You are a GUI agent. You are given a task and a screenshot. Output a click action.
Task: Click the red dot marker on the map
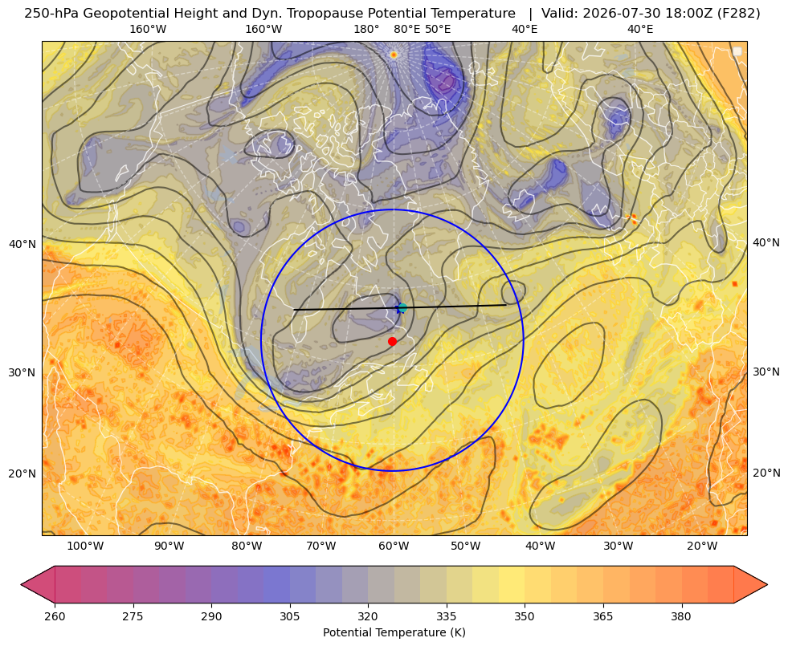click(x=393, y=341)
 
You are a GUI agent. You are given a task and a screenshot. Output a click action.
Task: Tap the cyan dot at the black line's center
click(x=402, y=307)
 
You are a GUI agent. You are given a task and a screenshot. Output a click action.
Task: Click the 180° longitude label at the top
click(x=366, y=30)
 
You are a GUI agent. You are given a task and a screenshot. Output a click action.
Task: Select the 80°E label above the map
click(x=406, y=30)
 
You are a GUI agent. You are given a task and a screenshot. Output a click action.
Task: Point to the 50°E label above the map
click(x=438, y=30)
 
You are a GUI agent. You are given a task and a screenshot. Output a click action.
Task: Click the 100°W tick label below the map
click(x=85, y=546)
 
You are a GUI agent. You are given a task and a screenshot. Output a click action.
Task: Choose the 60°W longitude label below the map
click(x=393, y=546)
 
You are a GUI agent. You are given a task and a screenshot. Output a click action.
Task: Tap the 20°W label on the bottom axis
click(x=702, y=546)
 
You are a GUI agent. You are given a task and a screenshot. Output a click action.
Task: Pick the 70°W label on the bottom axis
click(x=321, y=546)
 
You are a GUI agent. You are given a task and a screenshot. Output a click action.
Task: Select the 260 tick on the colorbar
click(x=55, y=616)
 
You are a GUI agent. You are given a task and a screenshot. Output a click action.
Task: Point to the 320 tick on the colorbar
click(x=368, y=616)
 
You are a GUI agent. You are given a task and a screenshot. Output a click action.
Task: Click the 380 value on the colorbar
click(x=681, y=616)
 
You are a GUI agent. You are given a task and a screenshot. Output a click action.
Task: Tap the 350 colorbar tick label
click(x=525, y=616)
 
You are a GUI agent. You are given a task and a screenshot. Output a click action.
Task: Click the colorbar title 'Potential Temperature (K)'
click(x=394, y=632)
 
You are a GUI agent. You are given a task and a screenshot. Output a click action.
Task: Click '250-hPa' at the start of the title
click(x=51, y=14)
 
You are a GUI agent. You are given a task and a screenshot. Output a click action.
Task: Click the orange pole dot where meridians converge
click(x=394, y=55)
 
